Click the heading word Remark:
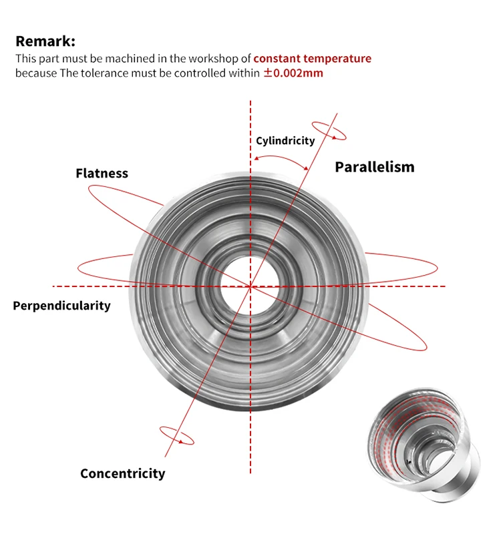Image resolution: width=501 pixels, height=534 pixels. [45, 41]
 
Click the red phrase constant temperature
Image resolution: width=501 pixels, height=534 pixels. [312, 59]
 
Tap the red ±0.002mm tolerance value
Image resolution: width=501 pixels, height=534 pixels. [293, 73]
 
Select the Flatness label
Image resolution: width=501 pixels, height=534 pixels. [102, 174]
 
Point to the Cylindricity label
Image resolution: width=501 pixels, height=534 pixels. [285, 141]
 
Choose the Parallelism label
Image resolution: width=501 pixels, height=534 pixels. [374, 167]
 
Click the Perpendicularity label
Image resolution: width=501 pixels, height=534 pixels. [61, 306]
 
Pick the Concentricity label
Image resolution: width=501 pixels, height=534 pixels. [122, 474]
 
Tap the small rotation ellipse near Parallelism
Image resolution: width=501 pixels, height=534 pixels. [329, 131]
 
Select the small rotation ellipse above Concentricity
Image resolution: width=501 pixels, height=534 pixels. [176, 435]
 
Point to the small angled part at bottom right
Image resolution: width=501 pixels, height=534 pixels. [426, 454]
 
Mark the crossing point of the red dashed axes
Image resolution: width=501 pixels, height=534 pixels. [251, 286]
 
